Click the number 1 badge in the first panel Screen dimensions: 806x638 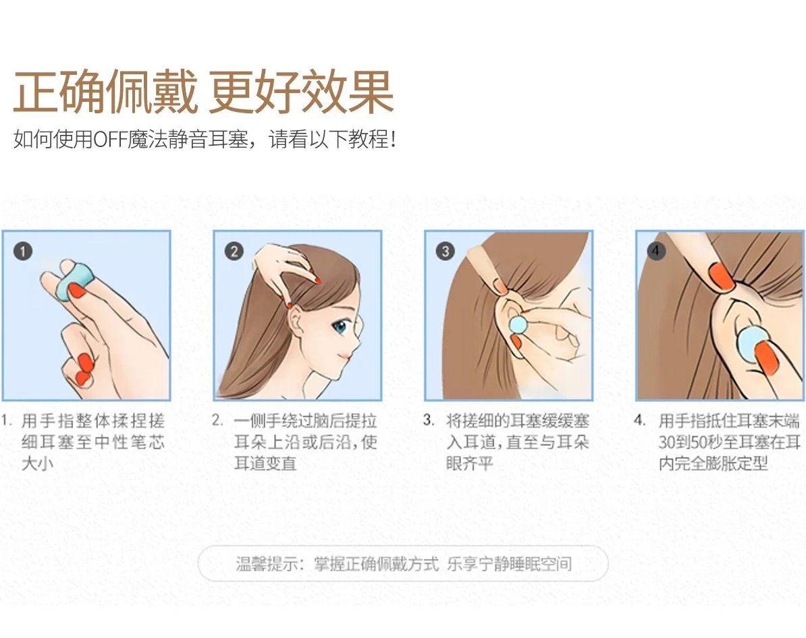click(23, 251)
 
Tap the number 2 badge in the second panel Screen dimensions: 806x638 click(234, 251)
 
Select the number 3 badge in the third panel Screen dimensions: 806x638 click(445, 251)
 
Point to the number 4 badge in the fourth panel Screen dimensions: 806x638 click(656, 251)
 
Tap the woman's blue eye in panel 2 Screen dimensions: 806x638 click(340, 326)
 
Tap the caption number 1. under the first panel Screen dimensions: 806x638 click(7, 421)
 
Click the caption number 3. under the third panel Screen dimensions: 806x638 click(429, 421)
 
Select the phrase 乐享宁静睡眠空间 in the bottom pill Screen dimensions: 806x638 click(509, 564)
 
